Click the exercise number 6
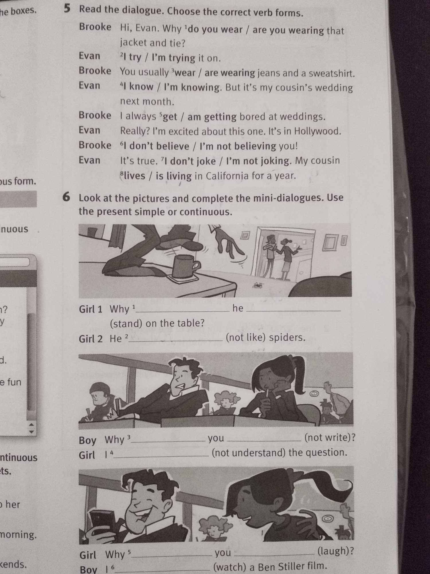[66, 197]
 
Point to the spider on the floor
[258, 285]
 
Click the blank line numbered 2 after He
[175, 340]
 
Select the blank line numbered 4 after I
[161, 456]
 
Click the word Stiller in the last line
[289, 566]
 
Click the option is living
[174, 176]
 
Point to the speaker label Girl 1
[91, 309]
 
